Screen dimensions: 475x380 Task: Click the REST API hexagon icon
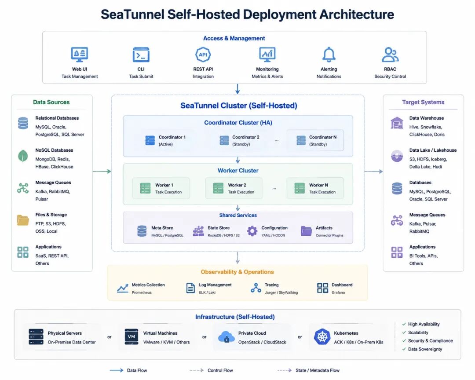tap(203, 55)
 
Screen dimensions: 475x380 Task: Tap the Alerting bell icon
tap(329, 55)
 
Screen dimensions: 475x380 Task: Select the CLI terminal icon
tap(141, 55)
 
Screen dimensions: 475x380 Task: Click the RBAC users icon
tap(390, 55)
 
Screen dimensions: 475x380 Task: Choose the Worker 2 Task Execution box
tap(234, 188)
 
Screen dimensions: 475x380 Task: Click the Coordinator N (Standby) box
tap(315, 141)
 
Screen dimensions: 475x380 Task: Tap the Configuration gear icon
tap(252, 231)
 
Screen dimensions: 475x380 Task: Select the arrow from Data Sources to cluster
tap(102, 172)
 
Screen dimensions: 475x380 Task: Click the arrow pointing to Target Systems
tap(373, 172)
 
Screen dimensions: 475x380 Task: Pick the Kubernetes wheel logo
tap(322, 336)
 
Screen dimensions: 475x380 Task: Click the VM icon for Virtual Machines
tap(132, 336)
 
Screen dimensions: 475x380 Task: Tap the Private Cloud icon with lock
tap(227, 337)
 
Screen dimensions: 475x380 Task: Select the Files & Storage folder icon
tap(23, 220)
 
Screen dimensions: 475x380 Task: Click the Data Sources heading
tap(51, 102)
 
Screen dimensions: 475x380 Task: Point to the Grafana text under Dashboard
tap(338, 292)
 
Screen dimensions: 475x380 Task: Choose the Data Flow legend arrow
tap(116, 370)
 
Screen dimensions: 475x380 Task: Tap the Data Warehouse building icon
tap(397, 123)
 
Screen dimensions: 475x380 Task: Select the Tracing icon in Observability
tap(256, 288)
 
